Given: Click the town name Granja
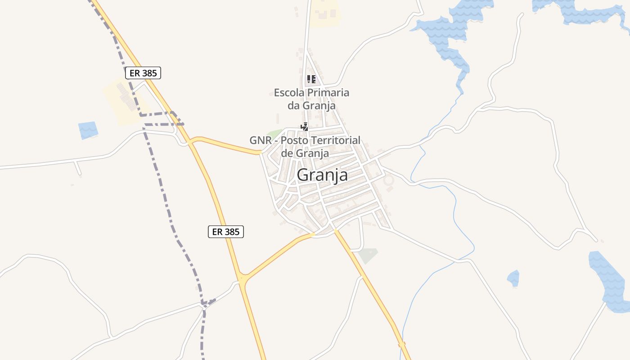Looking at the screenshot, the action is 322,175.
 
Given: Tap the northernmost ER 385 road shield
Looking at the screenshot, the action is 143,73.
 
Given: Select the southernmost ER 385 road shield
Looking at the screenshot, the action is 226,232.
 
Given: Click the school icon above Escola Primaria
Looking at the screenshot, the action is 311,80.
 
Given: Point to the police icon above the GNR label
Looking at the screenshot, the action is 305,127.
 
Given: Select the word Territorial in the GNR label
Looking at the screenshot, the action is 334,140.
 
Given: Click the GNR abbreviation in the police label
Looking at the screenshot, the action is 261,140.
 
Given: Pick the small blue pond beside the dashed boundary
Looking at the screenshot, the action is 88,130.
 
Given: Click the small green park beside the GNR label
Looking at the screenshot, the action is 274,134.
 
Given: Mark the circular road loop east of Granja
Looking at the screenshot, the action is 388,181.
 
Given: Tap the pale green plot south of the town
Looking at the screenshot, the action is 368,255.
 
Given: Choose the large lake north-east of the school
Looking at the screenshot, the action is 445,36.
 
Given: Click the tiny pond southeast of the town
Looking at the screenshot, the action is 513,278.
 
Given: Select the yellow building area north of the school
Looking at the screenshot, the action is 325,13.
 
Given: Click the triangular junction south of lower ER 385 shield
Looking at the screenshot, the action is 243,279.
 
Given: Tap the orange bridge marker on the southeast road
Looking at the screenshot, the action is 402,345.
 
